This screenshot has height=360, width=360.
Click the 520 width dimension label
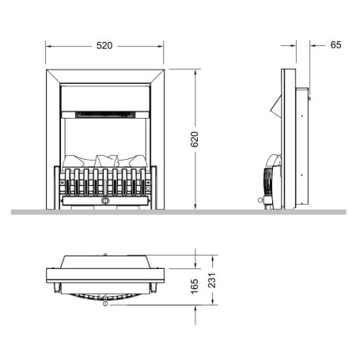104,46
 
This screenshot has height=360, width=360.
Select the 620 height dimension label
195,139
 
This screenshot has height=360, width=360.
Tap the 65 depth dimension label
335,45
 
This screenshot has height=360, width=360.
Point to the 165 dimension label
195,286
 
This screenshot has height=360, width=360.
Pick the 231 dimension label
212,280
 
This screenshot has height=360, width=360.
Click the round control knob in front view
105,201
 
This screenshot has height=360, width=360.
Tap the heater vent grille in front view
105,115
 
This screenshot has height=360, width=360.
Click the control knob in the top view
105,303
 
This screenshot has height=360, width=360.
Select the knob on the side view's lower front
260,200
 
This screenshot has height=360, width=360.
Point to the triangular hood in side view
276,107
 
